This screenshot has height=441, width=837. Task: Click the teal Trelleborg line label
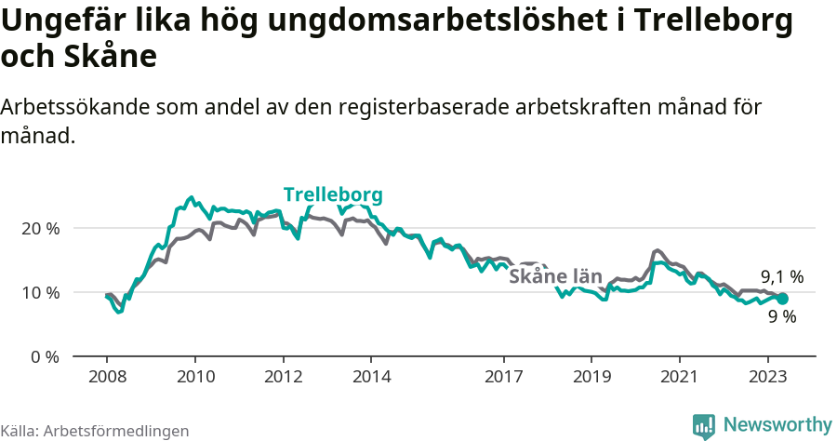[x=333, y=195]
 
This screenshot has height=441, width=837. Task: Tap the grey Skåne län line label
[x=553, y=276]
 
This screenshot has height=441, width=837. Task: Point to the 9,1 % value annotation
[x=782, y=276]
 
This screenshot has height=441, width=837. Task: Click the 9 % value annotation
[x=782, y=316]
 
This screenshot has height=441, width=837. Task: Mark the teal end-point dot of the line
[x=783, y=299]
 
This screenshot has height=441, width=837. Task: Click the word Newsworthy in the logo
[x=777, y=424]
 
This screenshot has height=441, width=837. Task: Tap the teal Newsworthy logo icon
[x=704, y=426]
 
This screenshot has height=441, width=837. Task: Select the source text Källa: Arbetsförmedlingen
[x=95, y=431]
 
